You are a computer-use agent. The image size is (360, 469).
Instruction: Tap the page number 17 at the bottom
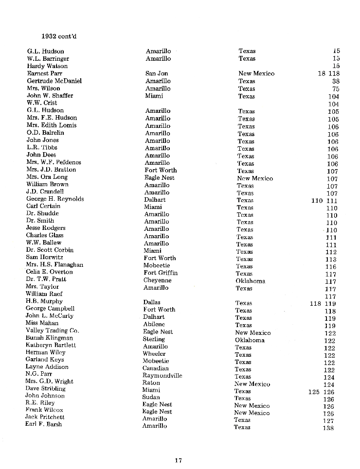point(179,460)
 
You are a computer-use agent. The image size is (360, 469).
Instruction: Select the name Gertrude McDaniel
point(54,81)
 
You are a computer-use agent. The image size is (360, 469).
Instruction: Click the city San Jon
point(157,73)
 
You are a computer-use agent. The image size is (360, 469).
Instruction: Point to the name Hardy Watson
point(47,66)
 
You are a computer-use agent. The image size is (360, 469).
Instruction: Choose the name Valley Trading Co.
point(52,330)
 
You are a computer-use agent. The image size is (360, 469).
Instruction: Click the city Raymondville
point(162,376)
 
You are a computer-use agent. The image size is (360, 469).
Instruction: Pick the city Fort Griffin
point(161,273)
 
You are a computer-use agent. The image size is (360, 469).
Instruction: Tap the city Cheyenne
point(157,280)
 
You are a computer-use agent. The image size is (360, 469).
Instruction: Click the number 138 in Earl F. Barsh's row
point(328,428)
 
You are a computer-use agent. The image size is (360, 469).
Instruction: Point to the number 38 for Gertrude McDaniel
point(336,82)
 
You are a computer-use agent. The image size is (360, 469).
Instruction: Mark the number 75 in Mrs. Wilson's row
point(336,89)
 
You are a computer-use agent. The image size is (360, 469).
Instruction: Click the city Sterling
point(154,339)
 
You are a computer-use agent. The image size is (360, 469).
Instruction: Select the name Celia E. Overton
point(49,272)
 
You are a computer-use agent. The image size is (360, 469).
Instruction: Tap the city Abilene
point(154,324)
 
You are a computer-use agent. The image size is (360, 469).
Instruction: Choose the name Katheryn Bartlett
point(51,345)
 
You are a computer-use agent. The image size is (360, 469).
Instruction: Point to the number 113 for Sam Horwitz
point(331,260)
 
